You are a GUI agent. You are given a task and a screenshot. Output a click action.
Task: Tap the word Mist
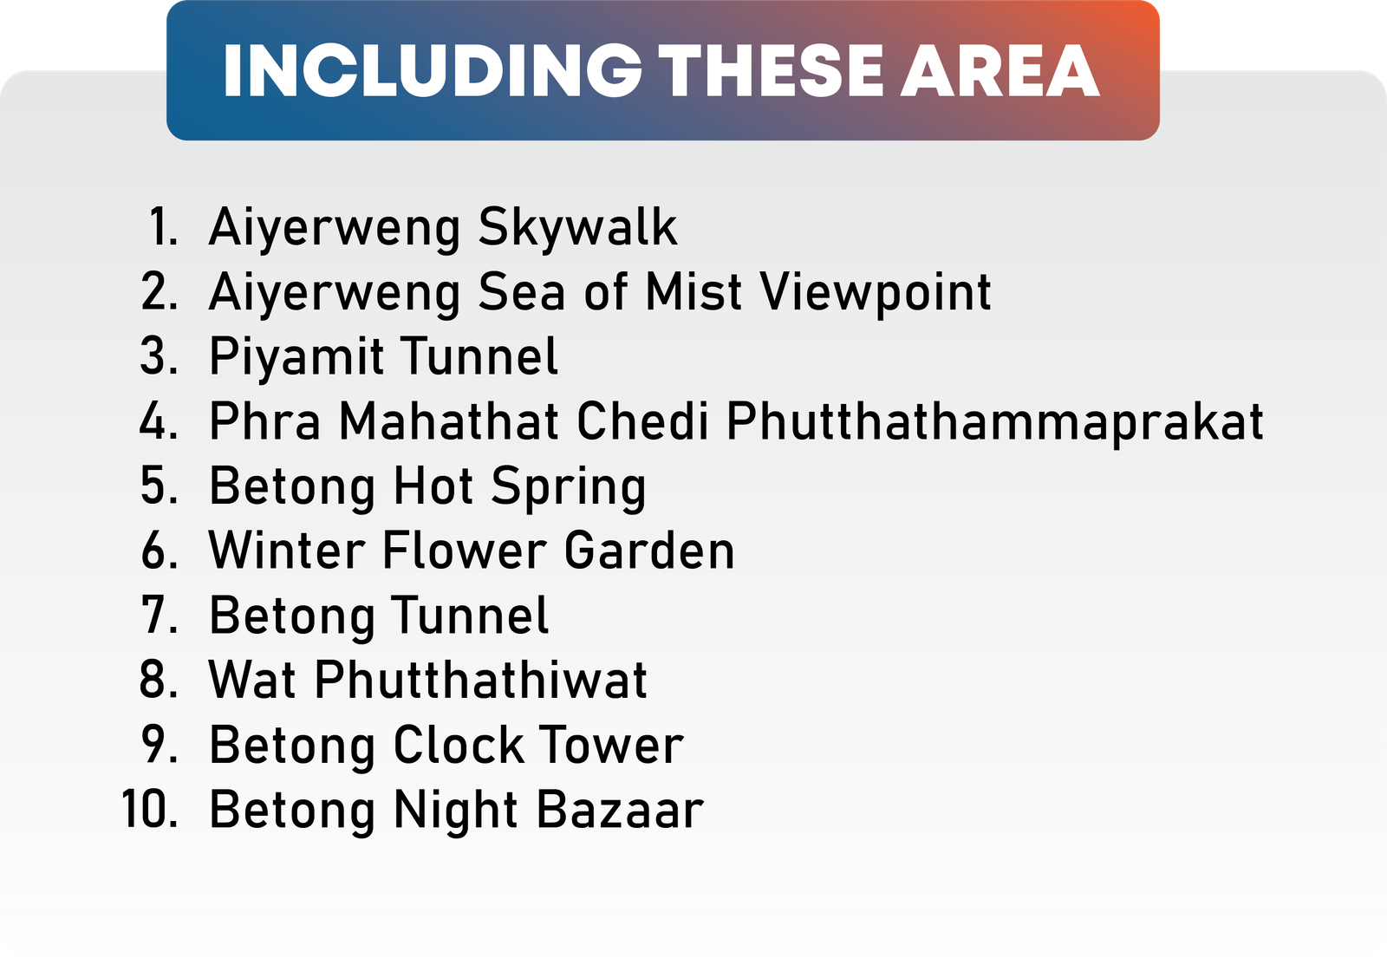[693, 291]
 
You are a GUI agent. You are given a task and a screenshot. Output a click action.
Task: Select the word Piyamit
[296, 357]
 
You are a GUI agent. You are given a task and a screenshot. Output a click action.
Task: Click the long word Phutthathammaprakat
[994, 422]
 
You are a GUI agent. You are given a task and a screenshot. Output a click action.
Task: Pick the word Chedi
[642, 420]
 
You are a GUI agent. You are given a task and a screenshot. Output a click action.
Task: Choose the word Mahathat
[450, 420]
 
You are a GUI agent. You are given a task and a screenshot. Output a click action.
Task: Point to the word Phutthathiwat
[480, 680]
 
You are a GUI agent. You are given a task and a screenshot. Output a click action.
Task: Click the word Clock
[459, 745]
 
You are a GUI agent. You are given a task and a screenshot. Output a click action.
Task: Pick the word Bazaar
[621, 810]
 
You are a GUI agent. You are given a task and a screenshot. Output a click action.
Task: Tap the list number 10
[150, 810]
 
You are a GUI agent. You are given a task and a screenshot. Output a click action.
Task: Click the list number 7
[160, 615]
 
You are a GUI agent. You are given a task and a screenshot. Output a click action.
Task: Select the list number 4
[159, 420]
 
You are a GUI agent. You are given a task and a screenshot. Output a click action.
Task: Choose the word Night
[456, 811]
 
